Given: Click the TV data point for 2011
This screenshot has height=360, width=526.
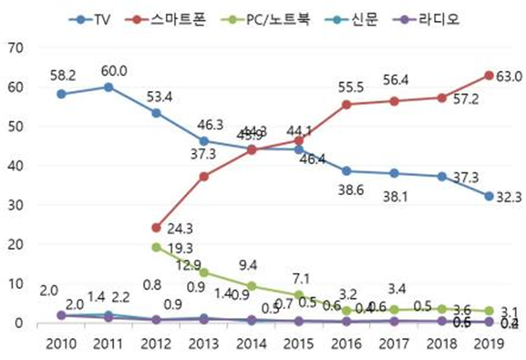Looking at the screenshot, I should [x=109, y=86].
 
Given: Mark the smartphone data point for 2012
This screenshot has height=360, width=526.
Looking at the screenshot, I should [x=155, y=227].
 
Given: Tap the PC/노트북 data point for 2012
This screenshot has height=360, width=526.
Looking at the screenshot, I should [x=155, y=247].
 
